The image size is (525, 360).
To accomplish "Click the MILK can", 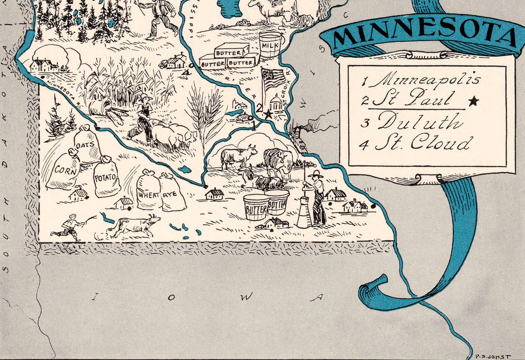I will point(270,45).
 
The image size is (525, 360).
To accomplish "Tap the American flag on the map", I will point(273,79).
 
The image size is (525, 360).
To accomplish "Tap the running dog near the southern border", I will point(134,226).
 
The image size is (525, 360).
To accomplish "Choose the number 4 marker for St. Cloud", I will point(185,72).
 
